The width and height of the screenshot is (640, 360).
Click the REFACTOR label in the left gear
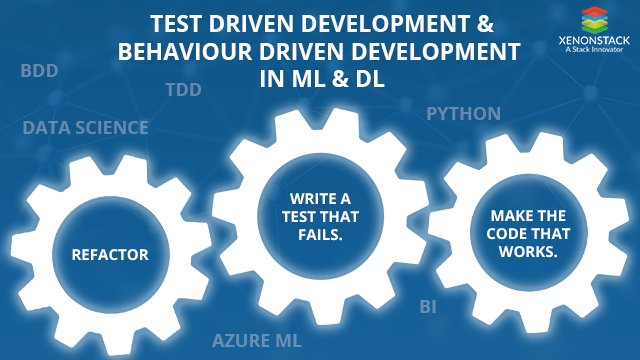click(x=110, y=254)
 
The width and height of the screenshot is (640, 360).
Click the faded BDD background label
click(x=38, y=71)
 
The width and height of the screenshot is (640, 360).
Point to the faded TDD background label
click(x=183, y=90)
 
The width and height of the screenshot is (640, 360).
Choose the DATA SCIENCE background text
click(x=85, y=128)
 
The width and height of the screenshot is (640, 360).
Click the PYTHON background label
click(x=464, y=113)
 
